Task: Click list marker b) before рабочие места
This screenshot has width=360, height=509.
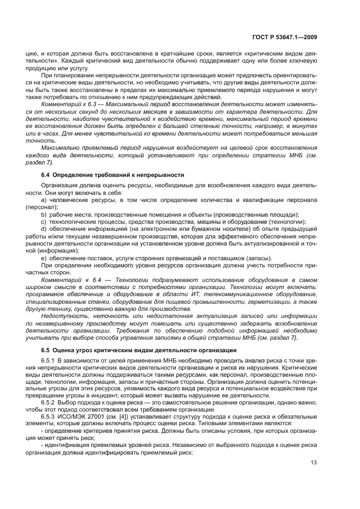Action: click(45, 215)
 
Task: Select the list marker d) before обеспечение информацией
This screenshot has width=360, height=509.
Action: click(45, 229)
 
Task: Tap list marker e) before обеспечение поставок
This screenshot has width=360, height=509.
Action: click(45, 257)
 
